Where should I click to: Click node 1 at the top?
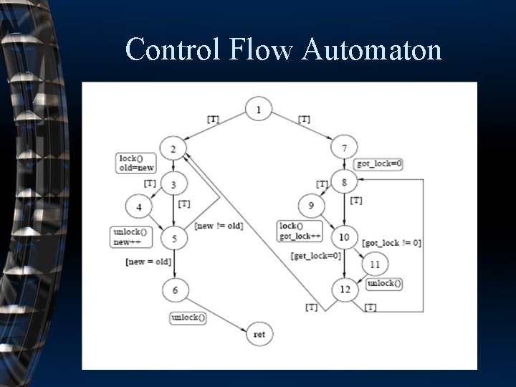259,110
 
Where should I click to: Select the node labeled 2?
173,148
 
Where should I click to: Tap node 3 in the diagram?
173,185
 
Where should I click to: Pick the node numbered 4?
139,208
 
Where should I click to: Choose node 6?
175,290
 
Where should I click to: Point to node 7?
345,148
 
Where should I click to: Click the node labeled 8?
345,182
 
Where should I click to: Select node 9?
311,206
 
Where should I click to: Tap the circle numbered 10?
345,236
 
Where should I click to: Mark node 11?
375,264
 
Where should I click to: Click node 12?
345,290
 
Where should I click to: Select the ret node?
259,334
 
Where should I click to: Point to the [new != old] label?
219,226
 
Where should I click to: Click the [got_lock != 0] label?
391,243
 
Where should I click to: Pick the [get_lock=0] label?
315,256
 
